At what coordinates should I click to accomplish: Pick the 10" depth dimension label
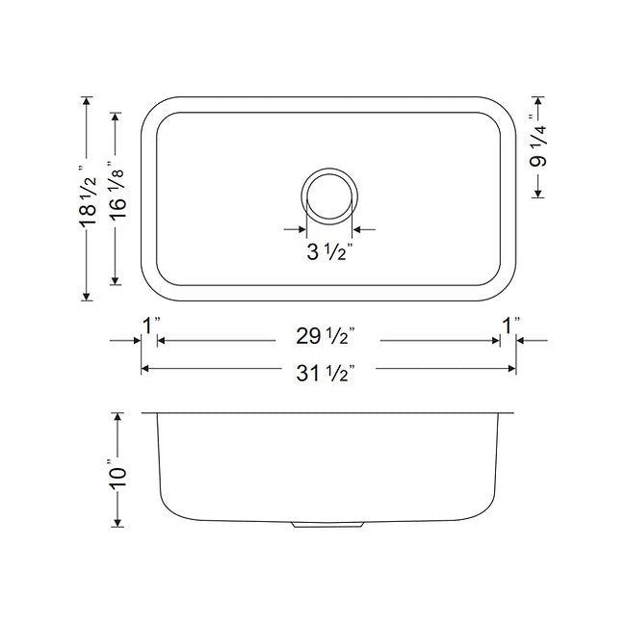click(x=118, y=471)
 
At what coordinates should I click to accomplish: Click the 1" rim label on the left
click(x=149, y=325)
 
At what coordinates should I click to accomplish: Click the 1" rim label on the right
click(x=509, y=325)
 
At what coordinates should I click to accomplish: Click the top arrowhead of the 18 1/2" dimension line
click(x=88, y=100)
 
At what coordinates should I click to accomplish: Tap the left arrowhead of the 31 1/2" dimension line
click(x=146, y=368)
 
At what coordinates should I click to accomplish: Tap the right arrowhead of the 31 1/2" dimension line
click(x=511, y=368)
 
